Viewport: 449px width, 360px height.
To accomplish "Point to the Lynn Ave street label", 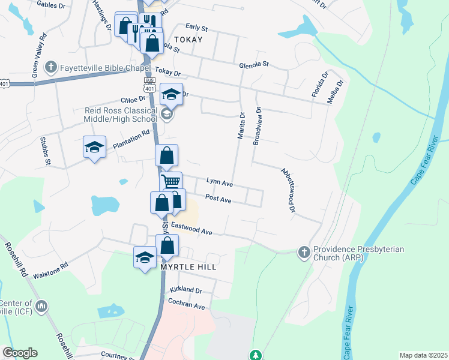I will [219, 181].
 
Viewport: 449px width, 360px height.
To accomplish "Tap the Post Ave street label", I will [218, 198].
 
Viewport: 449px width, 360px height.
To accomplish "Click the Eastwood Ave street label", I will [192, 229].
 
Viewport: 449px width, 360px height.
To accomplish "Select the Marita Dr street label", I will [241, 126].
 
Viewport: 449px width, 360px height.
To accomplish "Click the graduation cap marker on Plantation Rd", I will [94, 147].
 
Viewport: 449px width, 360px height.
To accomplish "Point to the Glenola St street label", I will [254, 64].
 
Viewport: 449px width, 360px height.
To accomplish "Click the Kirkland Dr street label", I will [185, 290].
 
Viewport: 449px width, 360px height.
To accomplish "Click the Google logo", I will [20, 353].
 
